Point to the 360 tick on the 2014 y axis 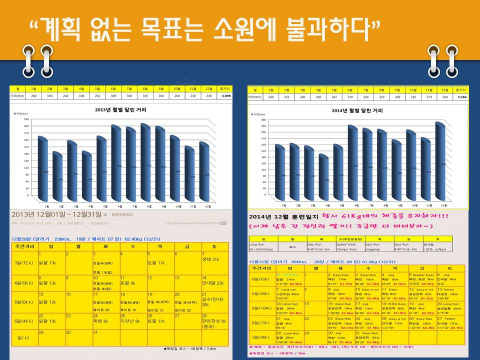coord(263,121)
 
